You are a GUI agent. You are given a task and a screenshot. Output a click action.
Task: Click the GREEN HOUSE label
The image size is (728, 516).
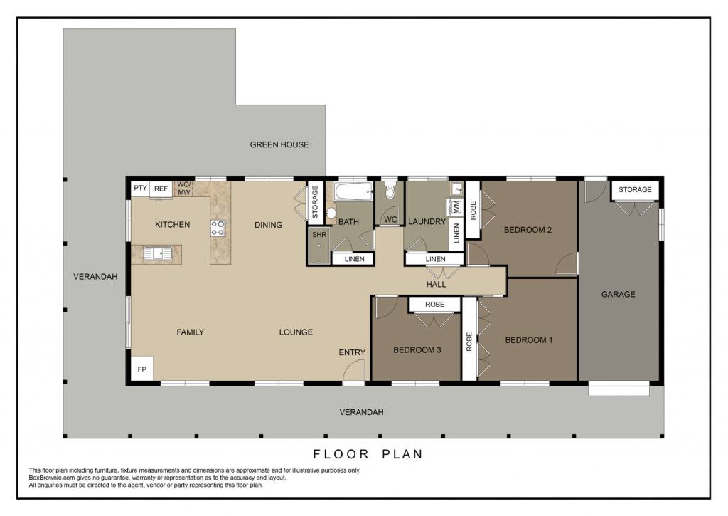279,144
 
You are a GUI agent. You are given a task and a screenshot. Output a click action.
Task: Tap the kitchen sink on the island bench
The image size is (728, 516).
157,253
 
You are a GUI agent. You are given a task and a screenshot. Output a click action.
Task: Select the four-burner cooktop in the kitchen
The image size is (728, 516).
218,228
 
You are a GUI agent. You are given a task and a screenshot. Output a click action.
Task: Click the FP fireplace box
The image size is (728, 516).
142,369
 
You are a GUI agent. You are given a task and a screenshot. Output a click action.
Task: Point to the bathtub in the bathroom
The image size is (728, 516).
353,191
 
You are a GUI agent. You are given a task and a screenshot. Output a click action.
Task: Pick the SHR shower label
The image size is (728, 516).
319,235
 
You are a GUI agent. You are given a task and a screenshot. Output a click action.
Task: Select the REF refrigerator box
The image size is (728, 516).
161,189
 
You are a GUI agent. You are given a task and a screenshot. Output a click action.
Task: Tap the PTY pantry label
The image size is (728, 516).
140,188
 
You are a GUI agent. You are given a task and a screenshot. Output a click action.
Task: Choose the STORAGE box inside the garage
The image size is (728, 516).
635,189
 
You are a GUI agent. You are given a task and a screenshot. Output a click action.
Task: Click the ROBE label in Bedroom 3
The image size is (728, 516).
434,305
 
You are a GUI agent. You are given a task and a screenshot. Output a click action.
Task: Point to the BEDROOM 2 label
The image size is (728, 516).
528,230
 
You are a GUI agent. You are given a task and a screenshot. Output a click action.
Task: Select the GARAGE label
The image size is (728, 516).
618,294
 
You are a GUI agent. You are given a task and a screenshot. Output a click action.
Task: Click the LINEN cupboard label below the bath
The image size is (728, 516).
354,259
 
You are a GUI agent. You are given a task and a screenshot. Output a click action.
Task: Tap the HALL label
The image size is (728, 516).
436,284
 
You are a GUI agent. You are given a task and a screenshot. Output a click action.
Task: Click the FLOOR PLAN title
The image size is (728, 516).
368,454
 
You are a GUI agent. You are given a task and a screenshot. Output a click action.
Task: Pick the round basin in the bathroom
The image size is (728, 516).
331,213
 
